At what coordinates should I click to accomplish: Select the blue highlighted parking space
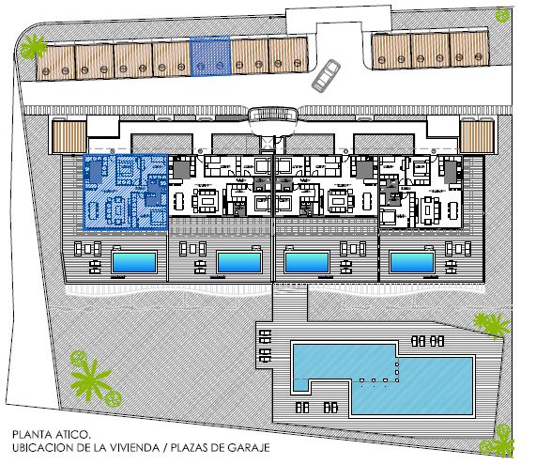tap(210, 56)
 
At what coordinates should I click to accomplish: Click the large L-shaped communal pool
tap(375, 376)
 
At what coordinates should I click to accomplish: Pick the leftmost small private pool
tap(133, 261)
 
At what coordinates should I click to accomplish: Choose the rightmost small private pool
tap(413, 261)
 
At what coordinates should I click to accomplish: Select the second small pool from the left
tap(238, 261)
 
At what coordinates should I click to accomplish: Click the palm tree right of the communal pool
tap(488, 326)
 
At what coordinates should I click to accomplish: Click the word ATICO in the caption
tap(71, 435)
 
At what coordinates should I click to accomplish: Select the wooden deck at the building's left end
tap(69, 139)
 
